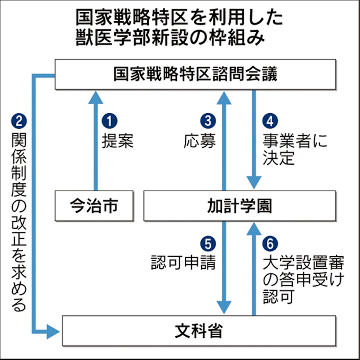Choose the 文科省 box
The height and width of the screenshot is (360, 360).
[x=199, y=331]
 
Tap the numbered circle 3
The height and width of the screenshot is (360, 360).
[x=207, y=121]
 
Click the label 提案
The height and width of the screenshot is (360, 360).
[x=117, y=141]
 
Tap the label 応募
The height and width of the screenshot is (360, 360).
[x=200, y=141]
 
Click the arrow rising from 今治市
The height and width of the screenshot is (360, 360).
[x=95, y=140]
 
